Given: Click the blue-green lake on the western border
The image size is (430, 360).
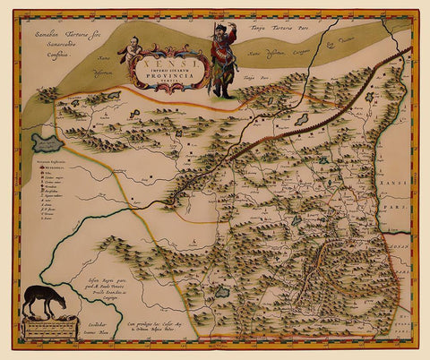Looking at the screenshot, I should tap(46, 142).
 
